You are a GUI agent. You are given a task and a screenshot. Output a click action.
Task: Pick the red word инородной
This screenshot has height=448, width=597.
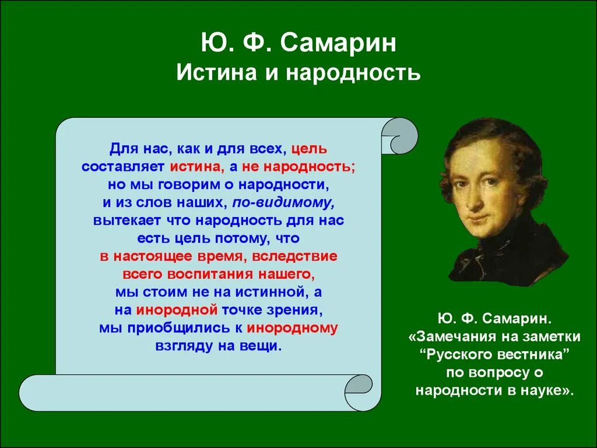pos(177,309)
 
